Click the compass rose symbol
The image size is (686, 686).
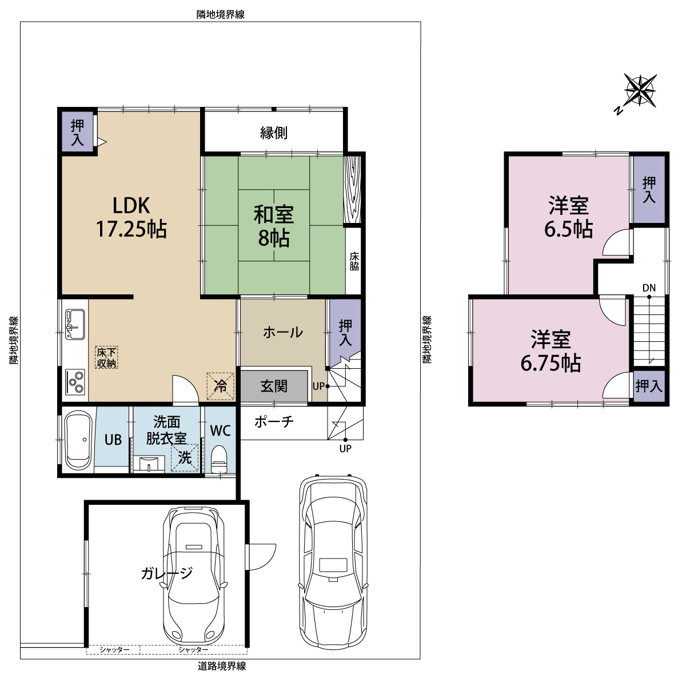[640, 91]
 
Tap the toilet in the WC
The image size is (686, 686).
[219, 459]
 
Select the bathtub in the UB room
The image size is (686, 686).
[78, 440]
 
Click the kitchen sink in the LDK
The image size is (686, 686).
[75, 324]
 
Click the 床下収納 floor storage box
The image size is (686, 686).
[106, 357]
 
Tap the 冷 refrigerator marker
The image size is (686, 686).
[220, 386]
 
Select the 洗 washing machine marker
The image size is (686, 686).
[185, 458]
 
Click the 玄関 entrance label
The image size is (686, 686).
[274, 386]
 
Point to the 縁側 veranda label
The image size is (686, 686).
[274, 133]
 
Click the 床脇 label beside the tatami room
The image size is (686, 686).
[354, 262]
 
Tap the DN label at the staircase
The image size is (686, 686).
[649, 288]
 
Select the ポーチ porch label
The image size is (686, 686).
[274, 422]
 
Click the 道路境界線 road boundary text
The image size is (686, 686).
[221, 667]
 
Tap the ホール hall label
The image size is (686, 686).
[283, 333]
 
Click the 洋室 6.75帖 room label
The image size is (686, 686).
[551, 351]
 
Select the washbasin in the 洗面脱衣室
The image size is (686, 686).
[149, 464]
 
